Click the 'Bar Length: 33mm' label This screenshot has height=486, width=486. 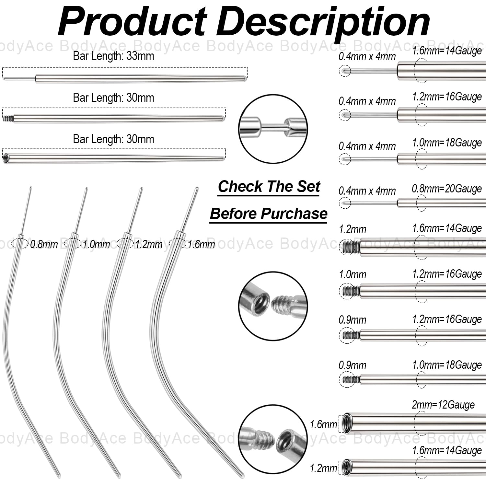tap(113, 56)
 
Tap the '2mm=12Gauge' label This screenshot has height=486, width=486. tap(443, 405)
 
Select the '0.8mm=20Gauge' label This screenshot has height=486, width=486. tap(446, 189)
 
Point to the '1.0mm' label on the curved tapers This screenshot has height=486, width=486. tap(96, 244)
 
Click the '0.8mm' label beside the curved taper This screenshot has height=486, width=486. tap(44, 244)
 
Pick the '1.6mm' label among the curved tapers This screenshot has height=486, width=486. tap(201, 244)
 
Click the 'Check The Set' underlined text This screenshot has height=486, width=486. tap(269, 187)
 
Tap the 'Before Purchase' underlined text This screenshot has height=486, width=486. tap(269, 214)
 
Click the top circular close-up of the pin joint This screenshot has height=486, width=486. tap(273, 129)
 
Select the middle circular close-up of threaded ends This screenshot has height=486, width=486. tap(273, 306)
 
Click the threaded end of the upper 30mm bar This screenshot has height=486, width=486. tap(6, 119)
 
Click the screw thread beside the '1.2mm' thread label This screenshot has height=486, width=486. tap(350, 248)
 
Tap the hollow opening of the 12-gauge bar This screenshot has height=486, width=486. tap(347, 423)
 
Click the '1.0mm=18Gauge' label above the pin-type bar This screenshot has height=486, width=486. tap(446, 143)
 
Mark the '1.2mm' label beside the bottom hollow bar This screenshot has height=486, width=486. tap(323, 468)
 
